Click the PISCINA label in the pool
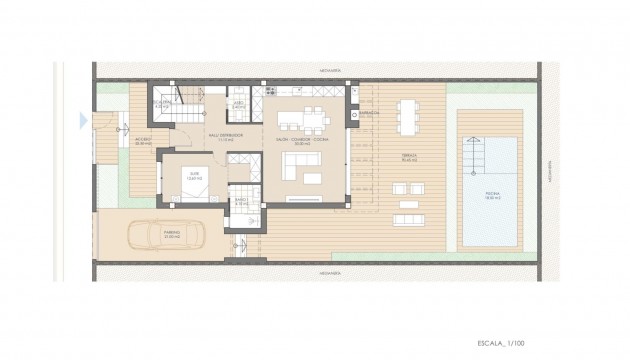pos(489,197)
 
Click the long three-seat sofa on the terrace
pos(408,219)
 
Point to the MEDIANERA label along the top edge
pos(318,69)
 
